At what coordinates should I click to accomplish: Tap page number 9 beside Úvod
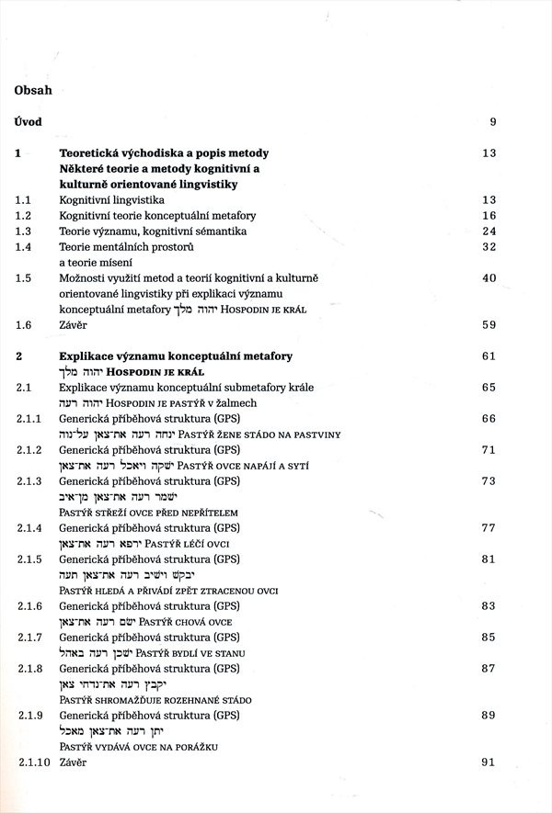click(492, 122)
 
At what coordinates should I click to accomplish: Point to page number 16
click(489, 215)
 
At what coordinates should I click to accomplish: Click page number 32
click(489, 246)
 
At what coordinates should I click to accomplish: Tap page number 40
click(489, 277)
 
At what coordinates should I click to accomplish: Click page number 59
click(489, 324)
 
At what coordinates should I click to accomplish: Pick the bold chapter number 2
click(19, 356)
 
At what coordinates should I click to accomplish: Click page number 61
click(489, 356)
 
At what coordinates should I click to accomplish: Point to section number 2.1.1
click(29, 419)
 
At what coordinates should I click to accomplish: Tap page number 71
click(489, 450)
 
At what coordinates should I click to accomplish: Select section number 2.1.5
click(29, 559)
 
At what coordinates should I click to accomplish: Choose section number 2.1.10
click(32, 762)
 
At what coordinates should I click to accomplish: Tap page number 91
click(489, 762)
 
